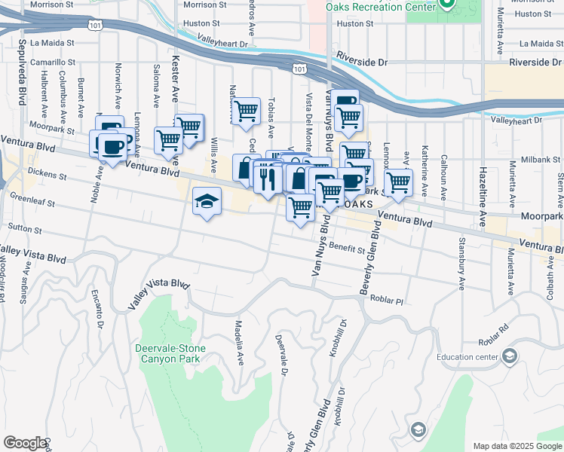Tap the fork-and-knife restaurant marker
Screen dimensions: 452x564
pos(266,179)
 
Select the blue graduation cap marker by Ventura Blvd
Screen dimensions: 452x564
pos(207,201)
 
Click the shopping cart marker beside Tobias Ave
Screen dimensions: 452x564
pos(246,111)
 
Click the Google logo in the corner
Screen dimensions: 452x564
pos(25,443)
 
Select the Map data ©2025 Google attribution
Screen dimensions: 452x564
pos(516,446)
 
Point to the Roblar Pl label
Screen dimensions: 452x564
pos(388,299)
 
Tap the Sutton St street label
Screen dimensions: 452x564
pos(23,226)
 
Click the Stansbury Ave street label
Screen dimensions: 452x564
pos(461,264)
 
